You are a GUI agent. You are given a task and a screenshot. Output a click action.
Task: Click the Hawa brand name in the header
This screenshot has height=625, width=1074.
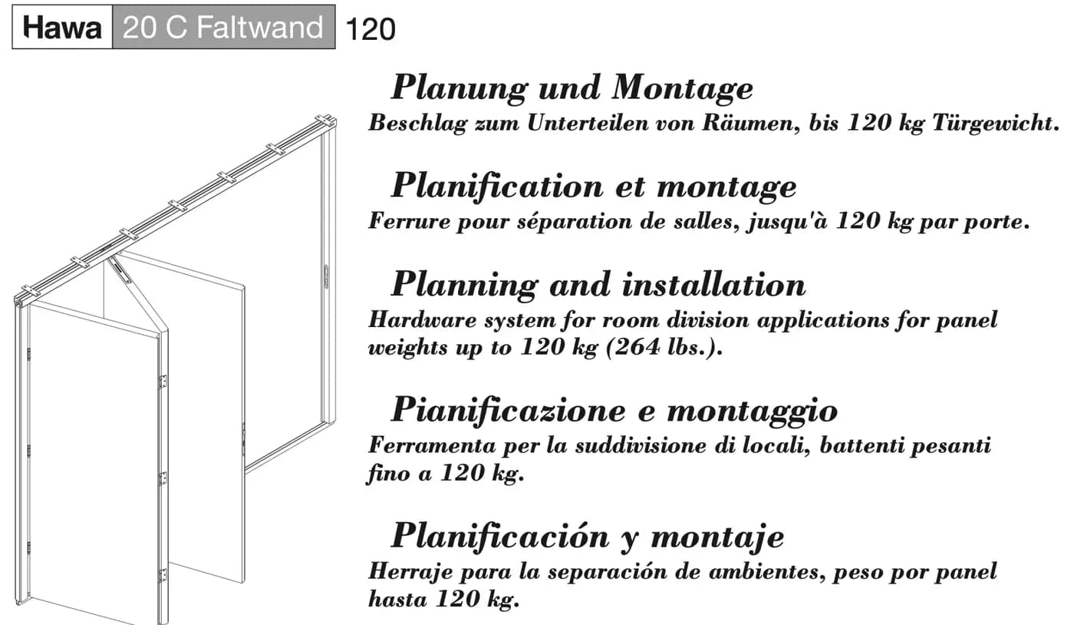(62, 28)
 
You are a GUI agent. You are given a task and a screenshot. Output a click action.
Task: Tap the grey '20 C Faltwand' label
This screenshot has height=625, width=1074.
(223, 27)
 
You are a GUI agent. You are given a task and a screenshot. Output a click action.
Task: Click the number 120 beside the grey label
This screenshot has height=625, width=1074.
(370, 29)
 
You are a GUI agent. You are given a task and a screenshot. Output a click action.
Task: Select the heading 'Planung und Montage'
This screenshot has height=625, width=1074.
(572, 88)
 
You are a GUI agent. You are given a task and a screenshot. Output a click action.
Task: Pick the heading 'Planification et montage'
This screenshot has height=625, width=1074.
(594, 187)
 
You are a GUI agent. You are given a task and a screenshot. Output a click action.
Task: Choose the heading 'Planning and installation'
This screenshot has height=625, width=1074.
(598, 284)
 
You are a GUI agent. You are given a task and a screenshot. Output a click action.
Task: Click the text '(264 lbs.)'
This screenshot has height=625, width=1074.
(664, 346)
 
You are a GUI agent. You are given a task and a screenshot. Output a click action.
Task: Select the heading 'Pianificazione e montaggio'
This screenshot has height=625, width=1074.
(614, 411)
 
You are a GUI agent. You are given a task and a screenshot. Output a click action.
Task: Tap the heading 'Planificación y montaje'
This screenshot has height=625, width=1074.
(588, 536)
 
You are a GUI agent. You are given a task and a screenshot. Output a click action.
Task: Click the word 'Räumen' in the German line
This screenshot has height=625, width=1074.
(751, 124)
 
